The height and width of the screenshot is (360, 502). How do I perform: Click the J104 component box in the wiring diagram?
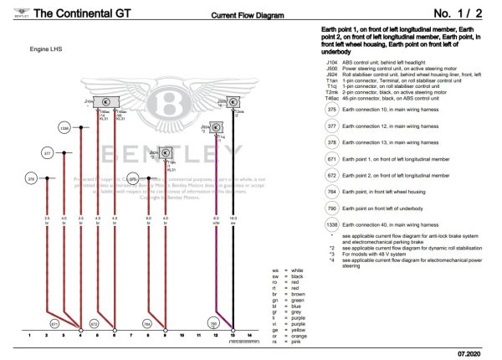(105, 101)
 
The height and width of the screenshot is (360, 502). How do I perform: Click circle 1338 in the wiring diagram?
(64, 128)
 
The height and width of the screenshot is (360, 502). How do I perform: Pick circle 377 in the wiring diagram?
(48, 154)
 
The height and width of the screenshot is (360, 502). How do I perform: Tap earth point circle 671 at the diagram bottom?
(55, 323)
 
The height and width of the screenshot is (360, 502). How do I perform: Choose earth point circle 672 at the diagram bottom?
(94, 323)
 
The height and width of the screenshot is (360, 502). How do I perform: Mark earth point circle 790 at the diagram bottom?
(213, 323)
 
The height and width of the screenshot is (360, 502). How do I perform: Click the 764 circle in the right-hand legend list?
(331, 192)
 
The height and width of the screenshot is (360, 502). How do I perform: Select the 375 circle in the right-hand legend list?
(331, 110)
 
